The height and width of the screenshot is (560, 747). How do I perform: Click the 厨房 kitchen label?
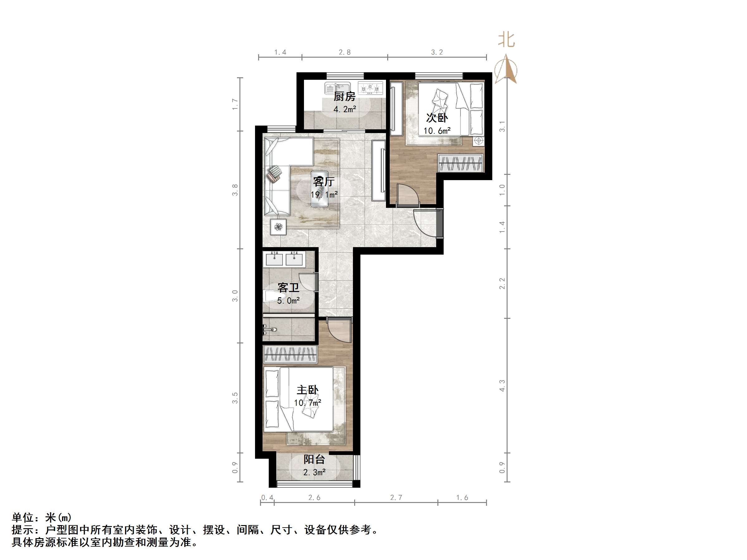(345, 97)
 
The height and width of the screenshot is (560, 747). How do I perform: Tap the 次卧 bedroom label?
(437, 118)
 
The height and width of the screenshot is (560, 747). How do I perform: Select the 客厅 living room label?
(324, 182)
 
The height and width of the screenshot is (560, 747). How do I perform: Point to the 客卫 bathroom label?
(288, 288)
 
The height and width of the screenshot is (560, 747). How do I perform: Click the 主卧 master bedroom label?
(307, 390)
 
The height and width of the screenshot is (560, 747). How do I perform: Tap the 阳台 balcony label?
(314, 459)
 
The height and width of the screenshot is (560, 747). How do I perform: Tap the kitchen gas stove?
(370, 89)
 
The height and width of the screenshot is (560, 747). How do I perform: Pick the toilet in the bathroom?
(272, 297)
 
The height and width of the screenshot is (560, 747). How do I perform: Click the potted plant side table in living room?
(278, 227)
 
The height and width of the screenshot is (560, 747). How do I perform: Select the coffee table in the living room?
(320, 189)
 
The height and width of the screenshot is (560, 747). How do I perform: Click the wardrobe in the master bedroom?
(290, 354)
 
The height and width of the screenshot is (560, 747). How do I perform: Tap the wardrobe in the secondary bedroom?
(460, 163)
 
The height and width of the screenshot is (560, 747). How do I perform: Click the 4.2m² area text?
(345, 109)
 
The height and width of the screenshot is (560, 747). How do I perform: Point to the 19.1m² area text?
(324, 195)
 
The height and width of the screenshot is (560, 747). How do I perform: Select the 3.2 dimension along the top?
(437, 52)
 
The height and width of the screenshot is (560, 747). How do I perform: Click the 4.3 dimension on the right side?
(502, 385)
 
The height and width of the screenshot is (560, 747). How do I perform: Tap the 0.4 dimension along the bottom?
(267, 498)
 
